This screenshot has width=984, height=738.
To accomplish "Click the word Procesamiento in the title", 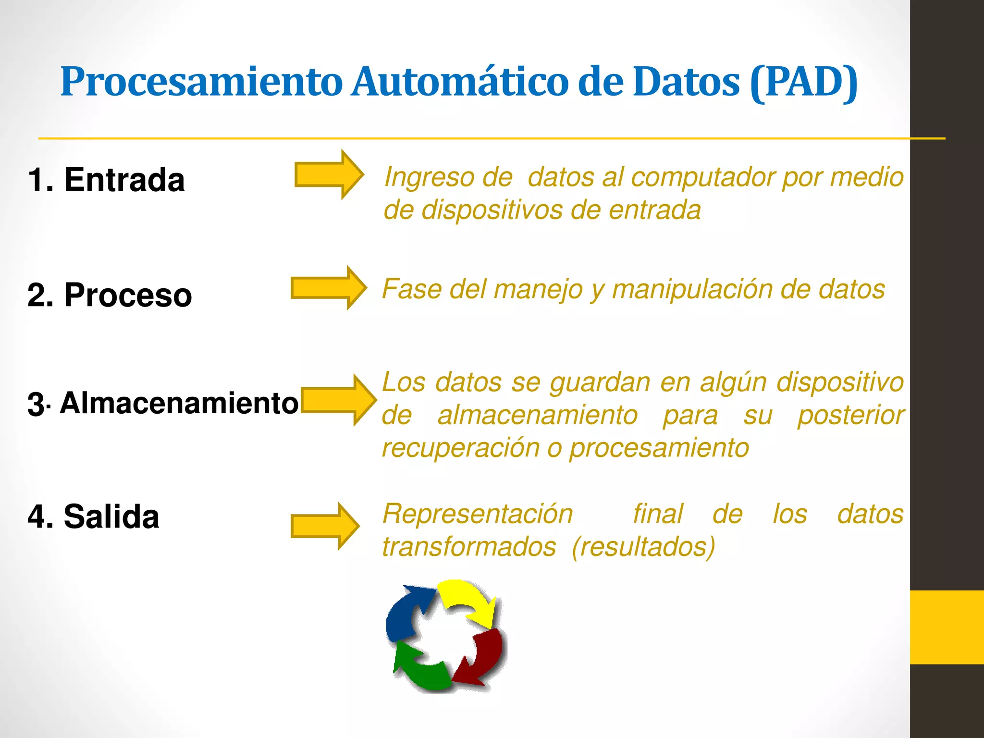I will tap(201, 82).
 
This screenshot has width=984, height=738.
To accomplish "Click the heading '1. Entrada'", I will tap(106, 180).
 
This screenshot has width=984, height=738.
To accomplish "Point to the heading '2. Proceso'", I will tap(110, 295).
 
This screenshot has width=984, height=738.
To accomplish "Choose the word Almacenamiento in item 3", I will tap(179, 403).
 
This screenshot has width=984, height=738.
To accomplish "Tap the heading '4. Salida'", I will tap(93, 517).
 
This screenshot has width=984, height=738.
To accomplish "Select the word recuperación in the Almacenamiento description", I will tap(461, 448).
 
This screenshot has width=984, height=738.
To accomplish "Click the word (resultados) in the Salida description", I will tap(643, 547).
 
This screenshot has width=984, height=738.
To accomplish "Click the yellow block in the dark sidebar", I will tap(947, 627).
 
